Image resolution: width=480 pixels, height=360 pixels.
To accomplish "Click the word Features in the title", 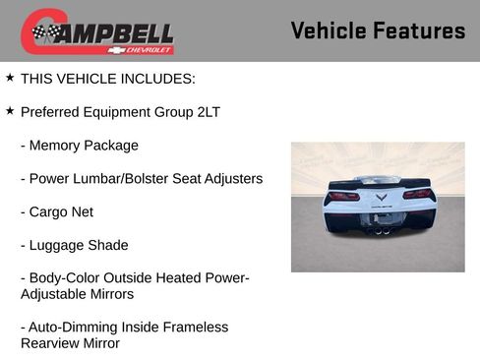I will click(417, 30).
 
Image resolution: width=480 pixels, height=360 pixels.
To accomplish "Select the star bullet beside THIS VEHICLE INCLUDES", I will click(10, 77).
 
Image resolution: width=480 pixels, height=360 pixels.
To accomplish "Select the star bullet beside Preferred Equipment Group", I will click(10, 110).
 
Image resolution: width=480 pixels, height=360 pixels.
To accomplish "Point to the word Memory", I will click(57, 145).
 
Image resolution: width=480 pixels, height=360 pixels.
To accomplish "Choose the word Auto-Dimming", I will click(72, 327).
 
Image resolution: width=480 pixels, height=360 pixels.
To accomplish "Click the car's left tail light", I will click(341, 195).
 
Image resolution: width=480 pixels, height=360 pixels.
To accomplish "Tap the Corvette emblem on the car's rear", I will click(379, 197).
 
